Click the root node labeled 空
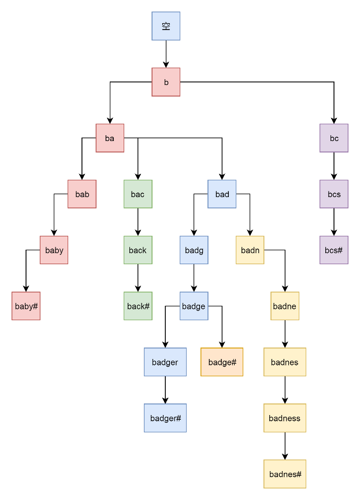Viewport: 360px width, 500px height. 166,26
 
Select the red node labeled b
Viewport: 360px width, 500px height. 166,82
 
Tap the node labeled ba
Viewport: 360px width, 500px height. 110,138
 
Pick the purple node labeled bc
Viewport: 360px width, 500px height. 334,138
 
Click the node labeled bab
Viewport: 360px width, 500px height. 82,194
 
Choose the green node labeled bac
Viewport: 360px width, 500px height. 138,194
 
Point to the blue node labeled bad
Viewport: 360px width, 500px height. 222,194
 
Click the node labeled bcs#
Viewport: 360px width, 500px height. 334,250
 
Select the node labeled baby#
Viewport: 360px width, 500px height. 26,306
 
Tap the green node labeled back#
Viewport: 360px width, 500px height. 138,306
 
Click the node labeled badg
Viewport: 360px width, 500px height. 194,250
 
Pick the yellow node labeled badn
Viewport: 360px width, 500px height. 250,250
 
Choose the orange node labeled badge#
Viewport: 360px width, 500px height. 222,362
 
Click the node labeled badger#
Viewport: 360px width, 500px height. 165,418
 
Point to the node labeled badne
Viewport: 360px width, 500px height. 285,306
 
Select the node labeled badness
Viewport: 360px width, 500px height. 285,418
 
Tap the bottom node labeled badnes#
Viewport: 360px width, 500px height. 285,474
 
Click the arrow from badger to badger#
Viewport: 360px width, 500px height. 165,390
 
